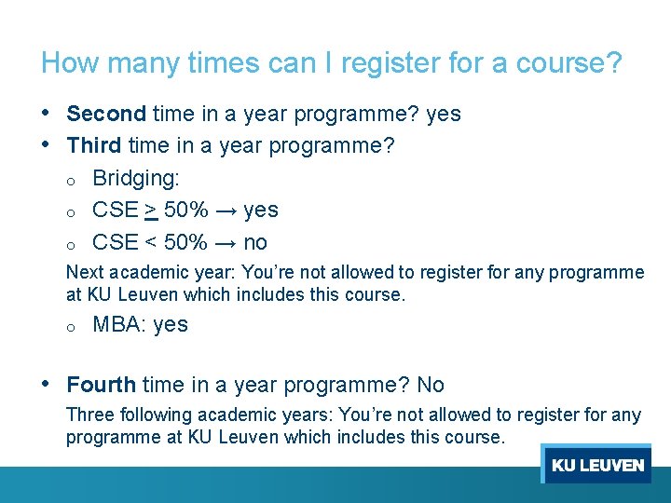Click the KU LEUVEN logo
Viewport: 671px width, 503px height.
(x=596, y=464)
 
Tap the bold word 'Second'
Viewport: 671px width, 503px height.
(x=106, y=114)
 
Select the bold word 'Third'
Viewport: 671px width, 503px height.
(x=94, y=146)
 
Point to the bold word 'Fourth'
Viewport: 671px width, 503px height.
(x=101, y=385)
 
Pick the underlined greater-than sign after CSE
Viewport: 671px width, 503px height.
(x=151, y=211)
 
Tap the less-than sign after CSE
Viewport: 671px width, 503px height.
(x=151, y=242)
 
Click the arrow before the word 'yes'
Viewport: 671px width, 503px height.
(x=226, y=211)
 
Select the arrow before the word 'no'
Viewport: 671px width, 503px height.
(x=226, y=242)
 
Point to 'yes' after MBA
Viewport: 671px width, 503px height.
(x=171, y=324)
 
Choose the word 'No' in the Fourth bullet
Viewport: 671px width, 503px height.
(x=431, y=385)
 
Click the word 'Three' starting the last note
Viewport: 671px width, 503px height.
(x=88, y=415)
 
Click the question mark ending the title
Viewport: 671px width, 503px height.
(x=613, y=63)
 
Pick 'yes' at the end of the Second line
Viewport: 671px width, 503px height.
(x=444, y=114)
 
